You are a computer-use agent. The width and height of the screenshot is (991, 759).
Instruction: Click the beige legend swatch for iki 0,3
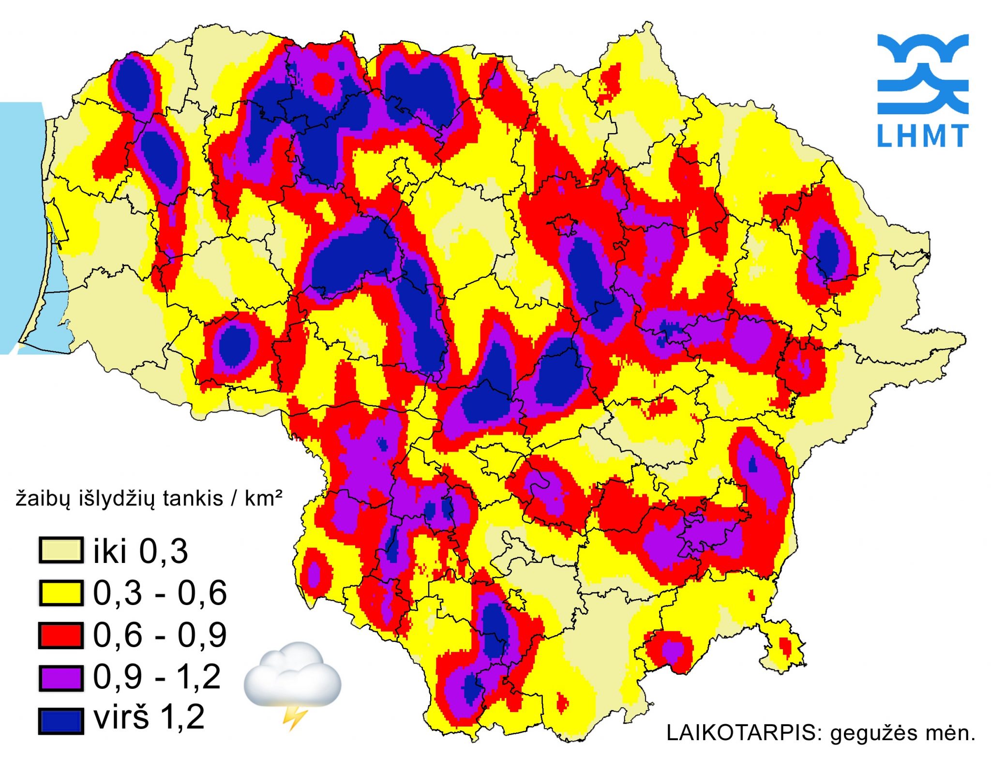(60, 550)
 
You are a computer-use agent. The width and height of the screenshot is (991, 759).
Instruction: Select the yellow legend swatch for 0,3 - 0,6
(60, 593)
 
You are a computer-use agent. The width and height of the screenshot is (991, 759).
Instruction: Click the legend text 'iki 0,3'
(140, 551)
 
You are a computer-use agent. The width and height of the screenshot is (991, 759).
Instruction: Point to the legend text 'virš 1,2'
(149, 717)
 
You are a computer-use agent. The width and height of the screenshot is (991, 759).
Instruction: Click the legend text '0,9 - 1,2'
(157, 677)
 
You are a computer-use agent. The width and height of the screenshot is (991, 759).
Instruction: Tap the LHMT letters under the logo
(922, 136)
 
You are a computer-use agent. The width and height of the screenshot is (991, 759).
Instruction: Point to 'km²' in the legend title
(264, 498)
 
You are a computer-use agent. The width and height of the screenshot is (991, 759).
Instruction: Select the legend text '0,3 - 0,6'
(160, 592)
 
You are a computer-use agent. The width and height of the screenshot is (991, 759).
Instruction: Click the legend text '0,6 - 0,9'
(160, 635)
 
